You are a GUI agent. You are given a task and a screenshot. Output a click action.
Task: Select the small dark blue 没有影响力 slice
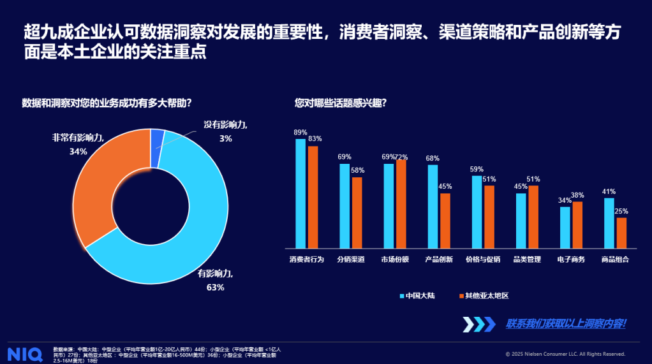(x=157, y=138)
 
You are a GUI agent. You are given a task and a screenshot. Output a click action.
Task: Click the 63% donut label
(x=215, y=288)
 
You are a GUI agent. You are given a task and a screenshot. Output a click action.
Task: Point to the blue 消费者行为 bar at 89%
(x=300, y=193)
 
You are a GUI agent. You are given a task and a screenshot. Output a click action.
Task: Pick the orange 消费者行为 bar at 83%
(x=313, y=196)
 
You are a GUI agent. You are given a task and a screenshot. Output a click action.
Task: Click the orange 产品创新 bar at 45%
(x=445, y=220)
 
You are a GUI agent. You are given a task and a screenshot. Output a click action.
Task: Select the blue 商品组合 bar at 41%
(x=609, y=222)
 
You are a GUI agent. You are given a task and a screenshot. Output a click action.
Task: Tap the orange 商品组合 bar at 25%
(x=621, y=233)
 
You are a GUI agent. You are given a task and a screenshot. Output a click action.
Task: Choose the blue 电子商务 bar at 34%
(x=565, y=227)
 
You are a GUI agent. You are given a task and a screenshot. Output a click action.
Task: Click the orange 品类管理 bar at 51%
(x=533, y=216)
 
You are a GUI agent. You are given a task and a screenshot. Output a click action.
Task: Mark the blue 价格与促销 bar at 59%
(x=477, y=211)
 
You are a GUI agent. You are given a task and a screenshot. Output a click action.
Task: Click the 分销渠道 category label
(x=351, y=259)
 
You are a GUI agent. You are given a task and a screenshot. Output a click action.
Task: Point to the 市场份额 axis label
(x=395, y=259)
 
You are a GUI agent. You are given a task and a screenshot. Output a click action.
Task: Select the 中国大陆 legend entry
(x=417, y=296)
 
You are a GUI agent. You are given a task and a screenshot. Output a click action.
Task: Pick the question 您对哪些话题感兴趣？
(x=340, y=102)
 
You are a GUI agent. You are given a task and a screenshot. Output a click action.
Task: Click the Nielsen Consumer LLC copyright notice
(x=565, y=354)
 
